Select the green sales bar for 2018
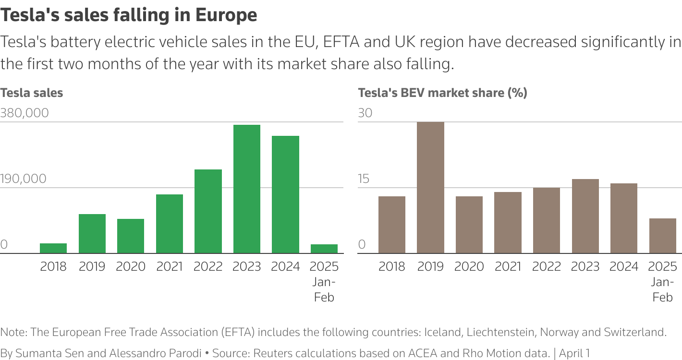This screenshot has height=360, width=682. pyautogui.click(x=53, y=248)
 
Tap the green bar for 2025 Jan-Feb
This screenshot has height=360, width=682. pyautogui.click(x=324, y=249)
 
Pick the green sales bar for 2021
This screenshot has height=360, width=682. pyautogui.click(x=170, y=224)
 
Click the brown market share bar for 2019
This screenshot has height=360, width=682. pyautogui.click(x=430, y=187)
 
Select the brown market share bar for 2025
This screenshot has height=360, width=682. pyautogui.click(x=662, y=236)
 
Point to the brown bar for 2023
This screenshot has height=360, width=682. pyautogui.click(x=585, y=216)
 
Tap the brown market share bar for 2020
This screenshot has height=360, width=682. pyautogui.click(x=469, y=225)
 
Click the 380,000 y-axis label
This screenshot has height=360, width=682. pyautogui.click(x=24, y=113)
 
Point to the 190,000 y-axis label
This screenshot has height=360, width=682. pyautogui.click(x=24, y=179)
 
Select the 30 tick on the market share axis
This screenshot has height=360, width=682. pyautogui.click(x=365, y=113)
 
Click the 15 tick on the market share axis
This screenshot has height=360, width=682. pyautogui.click(x=364, y=179)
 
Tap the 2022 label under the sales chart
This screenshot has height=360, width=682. pyautogui.click(x=208, y=266)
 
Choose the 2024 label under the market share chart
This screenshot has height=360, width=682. pyautogui.click(x=623, y=266)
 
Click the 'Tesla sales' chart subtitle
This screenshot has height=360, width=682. pyautogui.click(x=32, y=93)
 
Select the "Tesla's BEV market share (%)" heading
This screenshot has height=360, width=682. pyautogui.click(x=442, y=93)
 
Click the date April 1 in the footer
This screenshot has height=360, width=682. pyautogui.click(x=574, y=353)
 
